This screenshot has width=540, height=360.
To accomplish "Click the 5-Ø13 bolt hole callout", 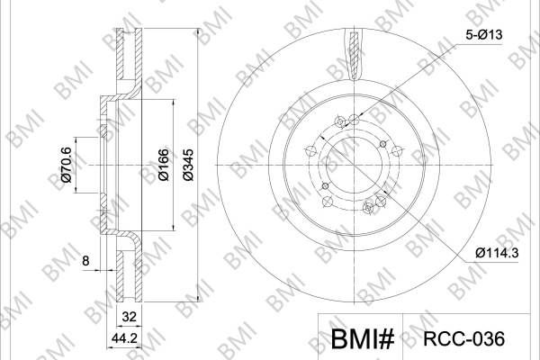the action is [484, 35].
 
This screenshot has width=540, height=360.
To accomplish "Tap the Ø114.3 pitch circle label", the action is [497, 253].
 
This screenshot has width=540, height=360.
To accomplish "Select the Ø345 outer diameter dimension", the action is [188, 165].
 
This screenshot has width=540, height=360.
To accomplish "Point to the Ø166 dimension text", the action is [164, 165].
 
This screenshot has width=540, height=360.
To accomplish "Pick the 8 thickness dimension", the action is [85, 261].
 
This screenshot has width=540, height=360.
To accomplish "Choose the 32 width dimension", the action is [129, 317].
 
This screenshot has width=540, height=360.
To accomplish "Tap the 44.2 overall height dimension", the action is [124, 339].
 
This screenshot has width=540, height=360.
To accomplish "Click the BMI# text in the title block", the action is [363, 339].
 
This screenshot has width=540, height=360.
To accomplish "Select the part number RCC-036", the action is [463, 339].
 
